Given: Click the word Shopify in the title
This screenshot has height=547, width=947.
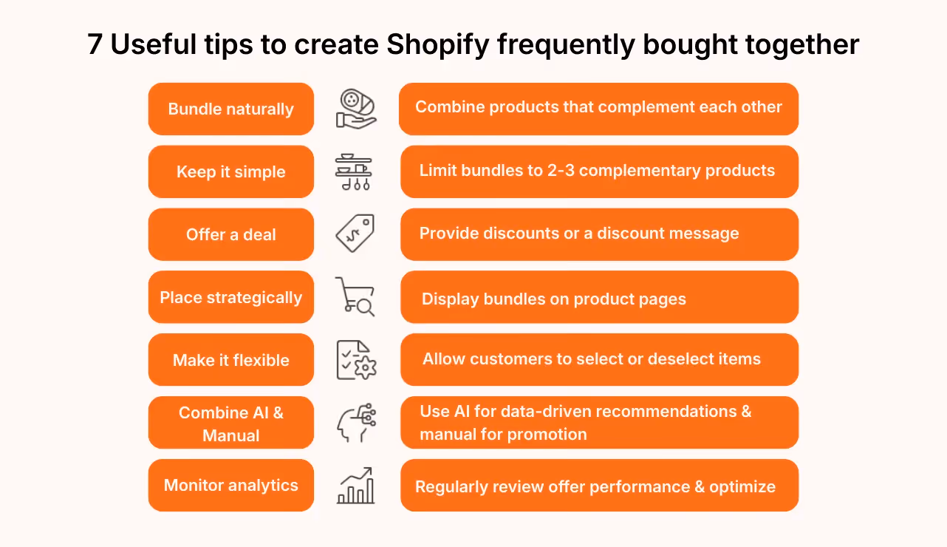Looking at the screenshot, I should [x=438, y=45].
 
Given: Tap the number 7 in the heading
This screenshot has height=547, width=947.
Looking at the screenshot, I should [x=95, y=45].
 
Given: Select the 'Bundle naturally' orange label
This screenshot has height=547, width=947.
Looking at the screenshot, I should [x=231, y=109].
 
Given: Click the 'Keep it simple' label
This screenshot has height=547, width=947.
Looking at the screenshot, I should [x=231, y=172].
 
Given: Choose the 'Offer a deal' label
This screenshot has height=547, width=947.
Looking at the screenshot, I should [x=231, y=235].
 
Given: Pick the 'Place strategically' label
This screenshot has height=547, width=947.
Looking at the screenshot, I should [x=231, y=298].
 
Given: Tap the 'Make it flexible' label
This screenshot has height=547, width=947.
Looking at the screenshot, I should [x=231, y=361].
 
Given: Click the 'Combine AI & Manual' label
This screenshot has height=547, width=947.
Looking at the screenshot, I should [x=231, y=424].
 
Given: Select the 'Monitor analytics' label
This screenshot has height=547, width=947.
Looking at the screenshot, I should [x=231, y=486].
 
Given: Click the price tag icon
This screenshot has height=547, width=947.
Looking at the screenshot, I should [x=355, y=234].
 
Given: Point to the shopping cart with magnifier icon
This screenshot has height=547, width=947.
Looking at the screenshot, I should [x=355, y=296].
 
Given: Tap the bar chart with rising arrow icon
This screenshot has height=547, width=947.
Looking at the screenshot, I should [x=355, y=486].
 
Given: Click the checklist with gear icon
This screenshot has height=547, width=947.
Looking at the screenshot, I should [x=355, y=360].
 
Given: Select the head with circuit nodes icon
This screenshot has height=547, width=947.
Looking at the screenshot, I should [x=355, y=423].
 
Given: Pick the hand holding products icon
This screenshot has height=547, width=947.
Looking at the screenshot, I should [x=355, y=109].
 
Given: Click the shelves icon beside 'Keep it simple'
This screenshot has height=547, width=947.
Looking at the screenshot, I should [x=354, y=172].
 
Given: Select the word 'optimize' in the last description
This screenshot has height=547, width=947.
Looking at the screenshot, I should [x=742, y=487].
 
